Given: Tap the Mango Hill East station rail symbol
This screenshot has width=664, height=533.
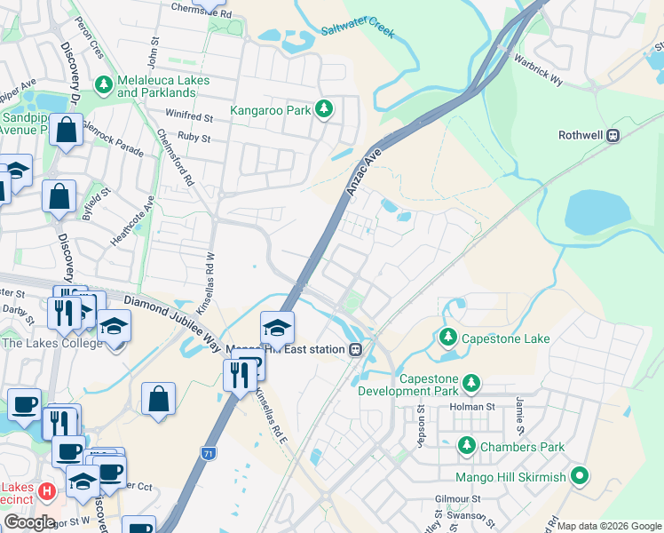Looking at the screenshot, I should click(x=355, y=349).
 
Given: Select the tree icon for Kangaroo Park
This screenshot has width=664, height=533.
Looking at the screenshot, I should click(x=325, y=110).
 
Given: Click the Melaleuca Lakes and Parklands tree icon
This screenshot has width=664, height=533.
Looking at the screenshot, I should click(x=105, y=86).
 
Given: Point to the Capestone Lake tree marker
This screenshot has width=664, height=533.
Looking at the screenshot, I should click(x=448, y=338).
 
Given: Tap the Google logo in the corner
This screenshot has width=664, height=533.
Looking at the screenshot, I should click(x=28, y=521).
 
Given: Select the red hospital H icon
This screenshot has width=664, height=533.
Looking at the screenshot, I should click(x=48, y=489).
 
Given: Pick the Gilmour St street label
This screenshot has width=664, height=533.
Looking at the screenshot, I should click(x=457, y=499).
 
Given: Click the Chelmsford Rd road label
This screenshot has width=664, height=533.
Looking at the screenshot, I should click(x=175, y=156).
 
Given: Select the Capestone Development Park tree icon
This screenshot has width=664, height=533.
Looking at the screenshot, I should click(x=471, y=383).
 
